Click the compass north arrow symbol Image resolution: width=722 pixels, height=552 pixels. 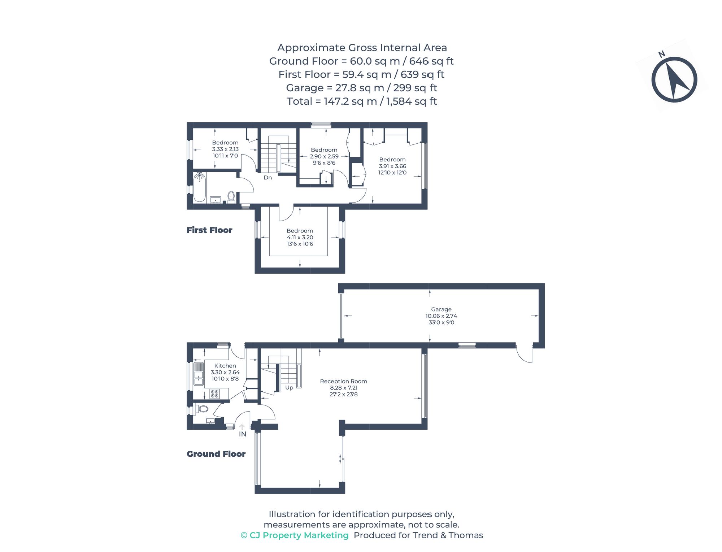click(x=674, y=80)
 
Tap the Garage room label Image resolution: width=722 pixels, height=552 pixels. click(x=441, y=309)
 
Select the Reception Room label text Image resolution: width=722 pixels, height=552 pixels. click(x=343, y=381)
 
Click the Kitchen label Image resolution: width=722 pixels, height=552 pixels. click(x=225, y=366)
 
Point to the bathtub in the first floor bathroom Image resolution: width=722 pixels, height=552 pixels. click(x=199, y=187)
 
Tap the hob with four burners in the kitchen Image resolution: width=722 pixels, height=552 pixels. click(x=214, y=394)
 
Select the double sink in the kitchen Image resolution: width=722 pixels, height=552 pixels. click(x=199, y=374)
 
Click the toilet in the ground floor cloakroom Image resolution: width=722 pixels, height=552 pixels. click(x=203, y=409)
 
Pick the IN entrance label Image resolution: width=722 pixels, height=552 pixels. click(x=243, y=434)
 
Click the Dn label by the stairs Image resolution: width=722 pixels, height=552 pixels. click(x=268, y=178)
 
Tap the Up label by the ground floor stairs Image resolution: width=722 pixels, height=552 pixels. click(x=289, y=388)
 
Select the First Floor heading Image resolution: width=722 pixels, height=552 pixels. click(x=209, y=230)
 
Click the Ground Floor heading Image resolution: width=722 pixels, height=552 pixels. click(x=216, y=454)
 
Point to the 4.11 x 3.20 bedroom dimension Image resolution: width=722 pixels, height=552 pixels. click(x=300, y=237)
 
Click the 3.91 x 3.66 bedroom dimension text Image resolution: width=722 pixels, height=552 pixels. click(x=392, y=166)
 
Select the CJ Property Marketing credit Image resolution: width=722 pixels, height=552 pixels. click(x=295, y=535)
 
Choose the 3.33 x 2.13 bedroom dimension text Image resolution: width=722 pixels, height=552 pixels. click(x=225, y=149)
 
